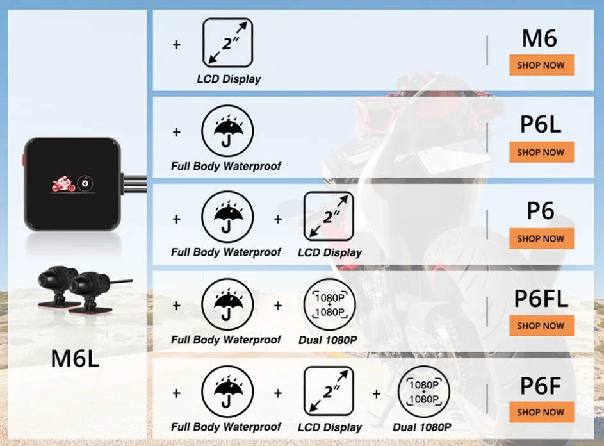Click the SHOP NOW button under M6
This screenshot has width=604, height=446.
pos(541,65)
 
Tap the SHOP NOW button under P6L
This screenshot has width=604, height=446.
pos(541,153)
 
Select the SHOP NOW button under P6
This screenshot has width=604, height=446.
pos(541,238)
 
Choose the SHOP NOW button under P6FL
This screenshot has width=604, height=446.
pos(541,326)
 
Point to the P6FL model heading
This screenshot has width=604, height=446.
pos(541,299)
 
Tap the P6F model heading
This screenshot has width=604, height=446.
pos(541,386)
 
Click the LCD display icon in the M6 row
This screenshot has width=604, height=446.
pos(227,42)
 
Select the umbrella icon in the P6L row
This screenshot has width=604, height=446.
pos(227,131)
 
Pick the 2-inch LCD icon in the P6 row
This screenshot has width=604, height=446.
pos(329,217)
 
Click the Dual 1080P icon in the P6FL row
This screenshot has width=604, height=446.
pos(329,304)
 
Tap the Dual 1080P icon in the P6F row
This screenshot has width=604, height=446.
pos(424,392)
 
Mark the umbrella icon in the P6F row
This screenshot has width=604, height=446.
pos(227,392)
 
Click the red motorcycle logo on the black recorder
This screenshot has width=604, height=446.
pos(63,185)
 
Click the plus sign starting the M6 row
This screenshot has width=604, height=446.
pos(177,45)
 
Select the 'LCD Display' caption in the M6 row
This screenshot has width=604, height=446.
pos(229,79)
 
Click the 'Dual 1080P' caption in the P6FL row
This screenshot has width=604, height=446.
pos(328,340)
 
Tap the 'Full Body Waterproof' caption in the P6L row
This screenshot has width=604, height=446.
pos(226,167)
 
